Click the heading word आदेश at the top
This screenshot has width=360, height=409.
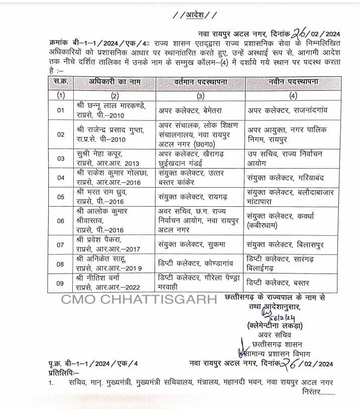[x=180, y=14]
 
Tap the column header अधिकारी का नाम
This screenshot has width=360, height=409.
[x=115, y=82]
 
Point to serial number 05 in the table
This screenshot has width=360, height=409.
[x=61, y=195]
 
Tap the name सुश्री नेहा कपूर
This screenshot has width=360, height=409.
[x=100, y=153]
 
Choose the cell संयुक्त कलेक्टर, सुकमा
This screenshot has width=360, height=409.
[x=191, y=245]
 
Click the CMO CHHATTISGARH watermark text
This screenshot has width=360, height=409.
[x=139, y=300]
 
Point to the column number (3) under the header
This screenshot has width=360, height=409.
[x=200, y=94]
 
